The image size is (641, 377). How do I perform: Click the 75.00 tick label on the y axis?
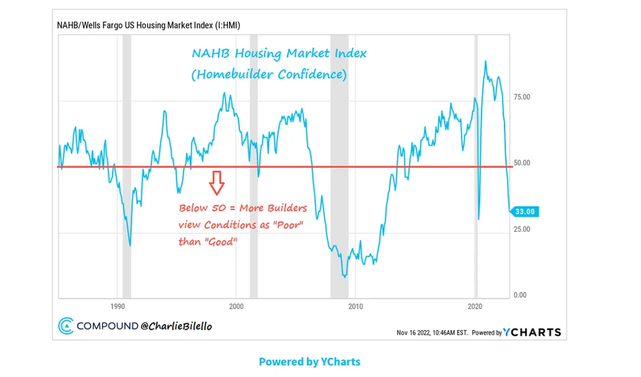pos(522,97)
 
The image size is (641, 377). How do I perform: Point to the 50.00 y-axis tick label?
pos(522,164)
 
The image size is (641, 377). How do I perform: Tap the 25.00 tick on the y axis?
pos(522,229)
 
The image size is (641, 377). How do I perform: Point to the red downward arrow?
pos(216,183)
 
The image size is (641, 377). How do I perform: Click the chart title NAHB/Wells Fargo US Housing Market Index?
pos(148,25)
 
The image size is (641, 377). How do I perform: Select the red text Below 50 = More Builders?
pos(243,208)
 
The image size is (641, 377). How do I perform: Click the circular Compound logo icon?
pos(66,327)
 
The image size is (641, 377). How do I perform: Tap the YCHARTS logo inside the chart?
pos(533,332)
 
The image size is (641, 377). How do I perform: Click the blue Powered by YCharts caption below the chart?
pos(310,361)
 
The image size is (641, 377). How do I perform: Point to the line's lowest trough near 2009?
pos(345,277)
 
